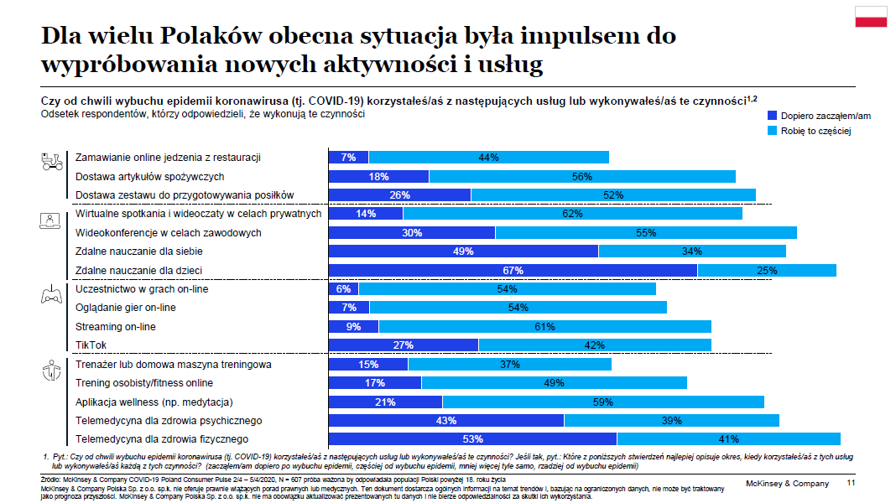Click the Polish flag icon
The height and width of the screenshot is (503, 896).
pos(871,17)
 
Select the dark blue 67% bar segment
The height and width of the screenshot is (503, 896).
pos(513,270)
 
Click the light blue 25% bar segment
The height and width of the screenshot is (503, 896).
pos(767,270)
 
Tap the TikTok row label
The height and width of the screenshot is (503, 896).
pos(91,345)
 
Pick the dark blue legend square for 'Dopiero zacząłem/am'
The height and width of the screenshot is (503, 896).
pos(773,116)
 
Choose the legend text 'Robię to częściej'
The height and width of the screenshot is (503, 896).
pos(816,131)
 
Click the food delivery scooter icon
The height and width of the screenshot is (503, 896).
pos(53,161)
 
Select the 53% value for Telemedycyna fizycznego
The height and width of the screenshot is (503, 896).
pos(472,438)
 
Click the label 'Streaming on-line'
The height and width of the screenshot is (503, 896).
pos(115,327)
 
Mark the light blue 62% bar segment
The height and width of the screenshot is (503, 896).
pos(572,214)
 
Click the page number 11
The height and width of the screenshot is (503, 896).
pos(851,484)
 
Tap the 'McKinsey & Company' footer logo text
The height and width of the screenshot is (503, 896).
pos(787,484)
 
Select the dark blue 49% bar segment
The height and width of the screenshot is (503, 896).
pos(462,251)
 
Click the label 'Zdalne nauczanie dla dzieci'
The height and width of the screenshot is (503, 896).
pos(138,270)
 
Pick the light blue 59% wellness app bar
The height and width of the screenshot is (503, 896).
pos(603,402)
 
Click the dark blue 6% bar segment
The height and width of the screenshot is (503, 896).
pos(343,289)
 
